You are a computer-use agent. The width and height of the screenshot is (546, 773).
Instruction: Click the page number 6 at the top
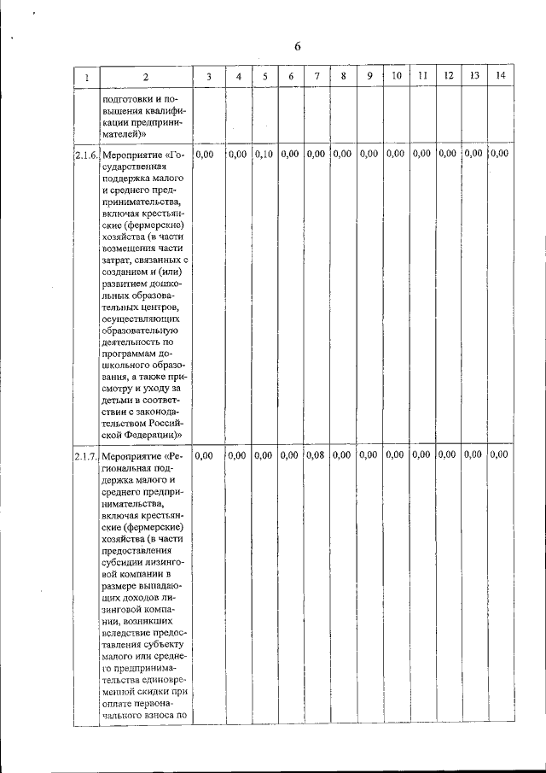(298, 46)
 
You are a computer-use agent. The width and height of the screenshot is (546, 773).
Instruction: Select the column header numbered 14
(500, 76)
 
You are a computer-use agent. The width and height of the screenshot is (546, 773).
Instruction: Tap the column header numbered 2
(146, 77)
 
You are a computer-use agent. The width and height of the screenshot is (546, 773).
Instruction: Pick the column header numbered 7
(317, 76)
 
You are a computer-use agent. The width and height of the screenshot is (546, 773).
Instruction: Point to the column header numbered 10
(397, 76)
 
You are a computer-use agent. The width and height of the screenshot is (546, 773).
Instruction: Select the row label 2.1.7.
(85, 456)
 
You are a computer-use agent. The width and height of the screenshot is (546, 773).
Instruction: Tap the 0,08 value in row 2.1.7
(317, 455)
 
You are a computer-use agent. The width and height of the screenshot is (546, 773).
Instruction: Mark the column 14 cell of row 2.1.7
(500, 455)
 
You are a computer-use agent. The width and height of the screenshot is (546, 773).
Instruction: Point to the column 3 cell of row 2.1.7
(205, 455)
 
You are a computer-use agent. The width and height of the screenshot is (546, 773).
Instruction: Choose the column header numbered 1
(85, 77)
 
